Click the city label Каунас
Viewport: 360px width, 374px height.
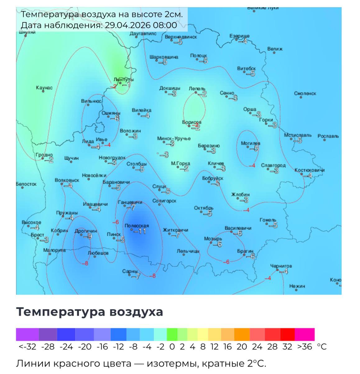click(x=44, y=88)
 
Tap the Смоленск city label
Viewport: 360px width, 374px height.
click(x=305, y=93)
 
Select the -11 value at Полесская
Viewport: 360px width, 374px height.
click(x=140, y=231)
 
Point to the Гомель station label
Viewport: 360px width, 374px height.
click(x=268, y=220)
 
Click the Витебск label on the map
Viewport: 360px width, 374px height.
click(x=246, y=68)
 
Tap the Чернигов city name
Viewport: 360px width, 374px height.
click(x=281, y=266)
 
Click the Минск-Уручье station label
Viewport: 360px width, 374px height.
click(x=174, y=138)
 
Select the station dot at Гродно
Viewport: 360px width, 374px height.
click(x=43, y=159)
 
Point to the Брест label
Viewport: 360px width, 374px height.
click(x=38, y=235)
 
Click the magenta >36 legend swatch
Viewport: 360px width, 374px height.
click(x=304, y=334)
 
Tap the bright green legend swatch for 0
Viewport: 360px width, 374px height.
click(x=172, y=334)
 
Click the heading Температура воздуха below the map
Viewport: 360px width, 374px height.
click(x=90, y=311)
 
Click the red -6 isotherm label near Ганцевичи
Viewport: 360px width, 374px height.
click(x=115, y=222)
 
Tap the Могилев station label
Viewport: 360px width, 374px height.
click(x=251, y=143)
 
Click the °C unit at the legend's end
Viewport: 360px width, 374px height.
click(x=322, y=347)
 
